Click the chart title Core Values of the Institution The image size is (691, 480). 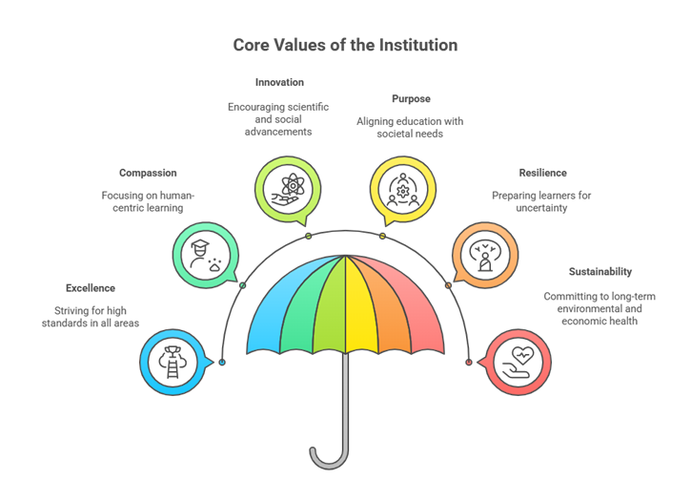(x=345, y=45)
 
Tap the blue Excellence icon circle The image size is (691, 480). (x=172, y=362)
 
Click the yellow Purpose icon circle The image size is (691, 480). (x=403, y=187)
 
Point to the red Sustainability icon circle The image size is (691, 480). (x=518, y=362)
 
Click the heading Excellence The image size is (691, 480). (x=91, y=287)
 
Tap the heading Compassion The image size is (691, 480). (x=148, y=173)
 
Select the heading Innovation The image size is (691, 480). (x=279, y=82)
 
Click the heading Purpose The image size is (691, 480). (x=411, y=98)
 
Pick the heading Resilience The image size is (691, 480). (x=543, y=173)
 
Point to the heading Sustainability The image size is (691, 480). (x=600, y=271)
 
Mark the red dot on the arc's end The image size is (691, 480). (x=468, y=362)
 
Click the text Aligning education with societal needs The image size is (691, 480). (x=411, y=128)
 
